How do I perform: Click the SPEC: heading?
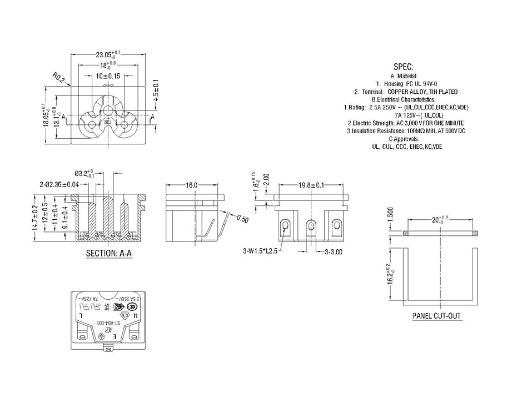tap(404, 66)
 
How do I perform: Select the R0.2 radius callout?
tap(59, 78)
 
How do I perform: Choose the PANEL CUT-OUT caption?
tap(436, 316)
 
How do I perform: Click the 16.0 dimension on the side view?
tap(192, 185)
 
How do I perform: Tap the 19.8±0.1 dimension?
tap(311, 185)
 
